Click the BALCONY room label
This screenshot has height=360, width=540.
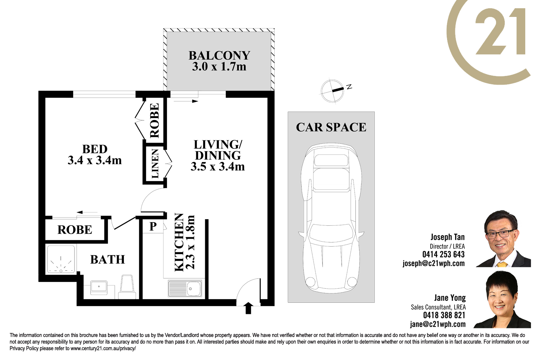[x=219, y=55]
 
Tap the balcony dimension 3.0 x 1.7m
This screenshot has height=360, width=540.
[x=219, y=67]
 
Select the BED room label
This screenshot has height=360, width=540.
[x=95, y=149]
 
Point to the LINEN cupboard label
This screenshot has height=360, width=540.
[x=155, y=164]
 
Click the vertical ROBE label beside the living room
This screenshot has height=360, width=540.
[x=154, y=120]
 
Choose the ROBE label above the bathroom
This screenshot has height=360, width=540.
[x=75, y=230]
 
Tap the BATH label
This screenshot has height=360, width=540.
[x=108, y=260]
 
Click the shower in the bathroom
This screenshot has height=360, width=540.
[x=61, y=260]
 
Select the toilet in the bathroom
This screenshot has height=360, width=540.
[x=127, y=287]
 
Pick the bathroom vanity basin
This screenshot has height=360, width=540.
[x=99, y=287]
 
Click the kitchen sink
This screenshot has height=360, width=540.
[x=185, y=288]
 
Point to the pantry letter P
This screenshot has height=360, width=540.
[x=153, y=226]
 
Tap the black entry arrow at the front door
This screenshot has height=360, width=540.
[x=248, y=308]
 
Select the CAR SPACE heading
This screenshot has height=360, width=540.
[x=331, y=127]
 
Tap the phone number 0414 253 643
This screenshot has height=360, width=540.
[x=443, y=254]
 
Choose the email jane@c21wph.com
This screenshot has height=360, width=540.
[x=438, y=324]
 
